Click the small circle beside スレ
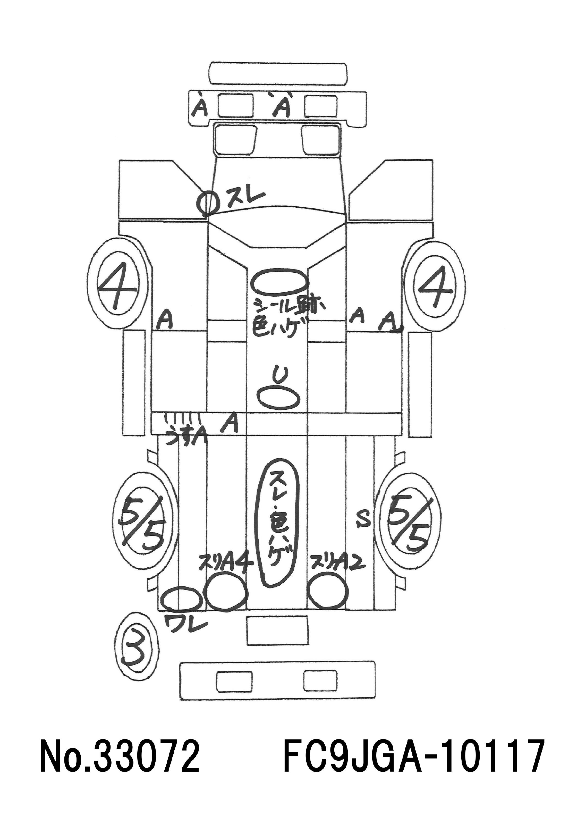(x=207, y=203)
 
